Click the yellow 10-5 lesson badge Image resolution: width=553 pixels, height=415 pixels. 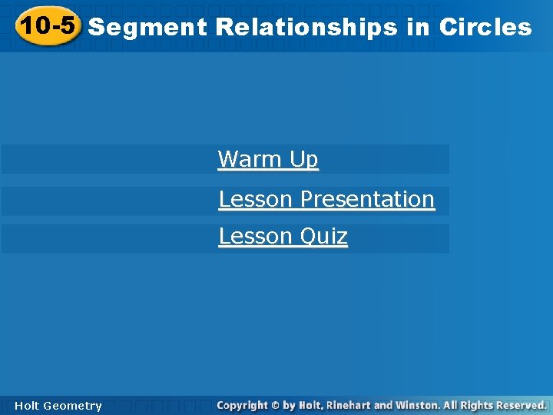click(x=48, y=26)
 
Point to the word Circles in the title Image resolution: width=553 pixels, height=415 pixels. click(x=485, y=28)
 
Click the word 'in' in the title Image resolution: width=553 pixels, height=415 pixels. click(x=419, y=28)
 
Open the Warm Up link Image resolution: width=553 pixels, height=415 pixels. click(x=268, y=159)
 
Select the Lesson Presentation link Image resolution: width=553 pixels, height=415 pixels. click(x=326, y=199)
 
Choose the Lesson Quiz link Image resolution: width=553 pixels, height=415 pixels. click(x=283, y=236)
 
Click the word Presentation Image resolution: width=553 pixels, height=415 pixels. click(x=368, y=199)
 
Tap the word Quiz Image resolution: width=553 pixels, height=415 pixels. click(x=323, y=236)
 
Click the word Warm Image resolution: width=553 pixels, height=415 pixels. click(x=250, y=159)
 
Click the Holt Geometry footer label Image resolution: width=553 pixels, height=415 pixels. click(x=58, y=405)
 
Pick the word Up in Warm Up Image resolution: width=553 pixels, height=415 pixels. click(x=303, y=159)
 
